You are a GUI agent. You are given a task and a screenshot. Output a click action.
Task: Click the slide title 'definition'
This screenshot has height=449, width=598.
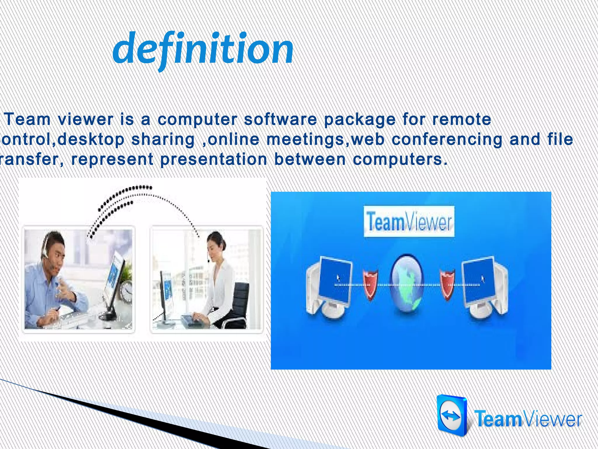click(x=203, y=50)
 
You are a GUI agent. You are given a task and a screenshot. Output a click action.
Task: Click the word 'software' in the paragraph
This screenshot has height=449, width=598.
click(x=280, y=120)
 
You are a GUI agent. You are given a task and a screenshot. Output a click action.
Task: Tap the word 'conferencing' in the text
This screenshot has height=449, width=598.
click(x=447, y=139)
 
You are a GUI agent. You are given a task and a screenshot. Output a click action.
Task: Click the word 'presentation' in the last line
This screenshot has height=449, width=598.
click(x=213, y=160)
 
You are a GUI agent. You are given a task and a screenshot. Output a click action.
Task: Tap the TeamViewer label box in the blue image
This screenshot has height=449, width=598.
click(x=409, y=222)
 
